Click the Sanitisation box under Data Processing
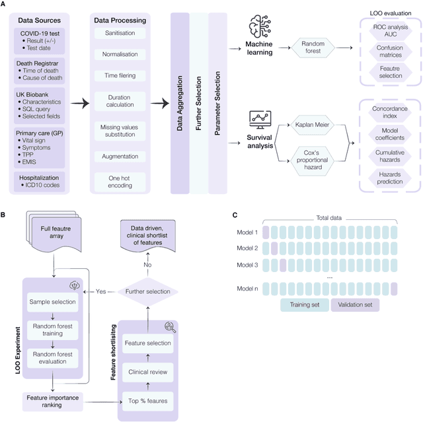120,32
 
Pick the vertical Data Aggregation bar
180,103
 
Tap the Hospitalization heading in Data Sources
46,177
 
